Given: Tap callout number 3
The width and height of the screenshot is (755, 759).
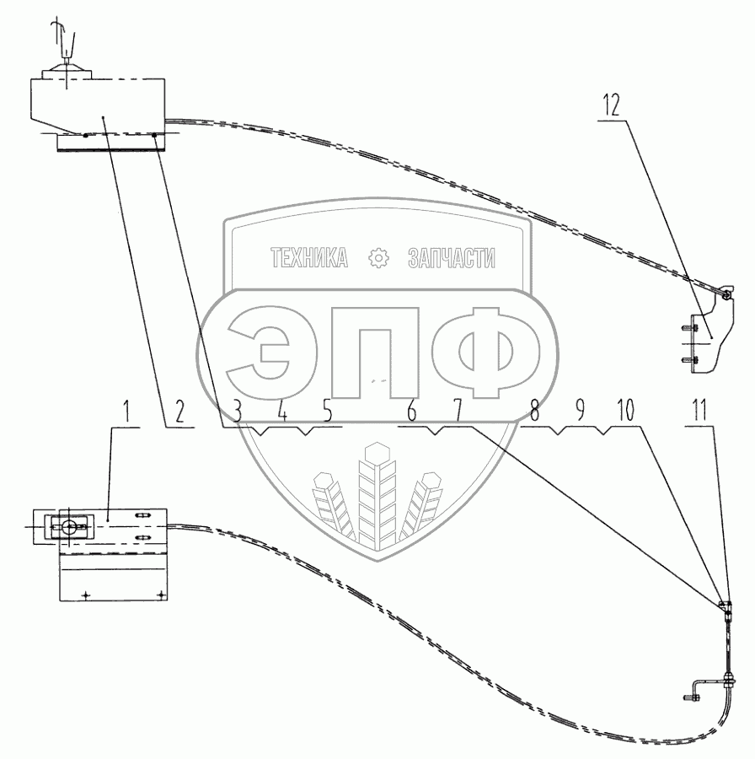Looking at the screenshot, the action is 238,413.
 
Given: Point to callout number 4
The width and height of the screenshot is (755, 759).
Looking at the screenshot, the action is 282,413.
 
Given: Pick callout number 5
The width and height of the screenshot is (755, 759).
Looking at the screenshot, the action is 327,413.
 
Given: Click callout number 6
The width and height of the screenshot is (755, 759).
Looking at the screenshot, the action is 411,413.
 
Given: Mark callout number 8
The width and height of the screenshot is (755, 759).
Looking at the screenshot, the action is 534,413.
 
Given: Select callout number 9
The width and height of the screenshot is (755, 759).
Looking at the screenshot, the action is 580,413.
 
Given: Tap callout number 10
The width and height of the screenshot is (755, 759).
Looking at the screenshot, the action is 624,413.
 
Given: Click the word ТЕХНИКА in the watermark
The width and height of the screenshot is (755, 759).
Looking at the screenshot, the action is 309,259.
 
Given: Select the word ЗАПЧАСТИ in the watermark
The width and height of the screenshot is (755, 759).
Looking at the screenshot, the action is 452,259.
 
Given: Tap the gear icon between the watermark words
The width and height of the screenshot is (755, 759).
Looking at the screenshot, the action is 377,259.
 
